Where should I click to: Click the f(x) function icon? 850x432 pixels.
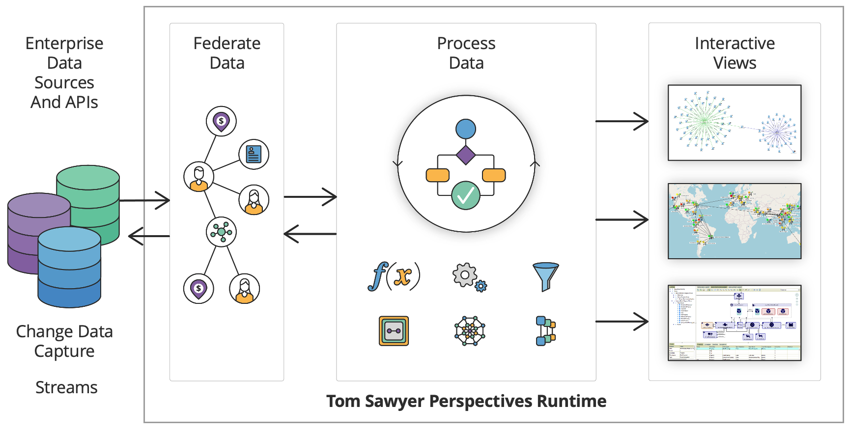[394, 276]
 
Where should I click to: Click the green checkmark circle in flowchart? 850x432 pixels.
[465, 196]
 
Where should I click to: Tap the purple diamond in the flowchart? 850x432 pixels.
[465, 155]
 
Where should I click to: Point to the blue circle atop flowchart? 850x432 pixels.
[465, 129]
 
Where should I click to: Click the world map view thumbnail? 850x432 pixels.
[734, 221]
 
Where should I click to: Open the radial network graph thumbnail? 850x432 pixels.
[734, 123]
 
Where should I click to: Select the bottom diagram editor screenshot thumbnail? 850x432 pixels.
[734, 323]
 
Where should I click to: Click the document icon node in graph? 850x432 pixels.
[254, 154]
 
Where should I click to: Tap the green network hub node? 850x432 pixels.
[221, 232]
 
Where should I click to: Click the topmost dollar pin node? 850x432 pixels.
[221, 121]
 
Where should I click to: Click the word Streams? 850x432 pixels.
[66, 387]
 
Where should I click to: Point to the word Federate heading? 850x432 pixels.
[227, 43]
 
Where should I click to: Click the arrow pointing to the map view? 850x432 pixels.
[622, 219]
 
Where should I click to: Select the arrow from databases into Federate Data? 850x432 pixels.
[145, 200]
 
